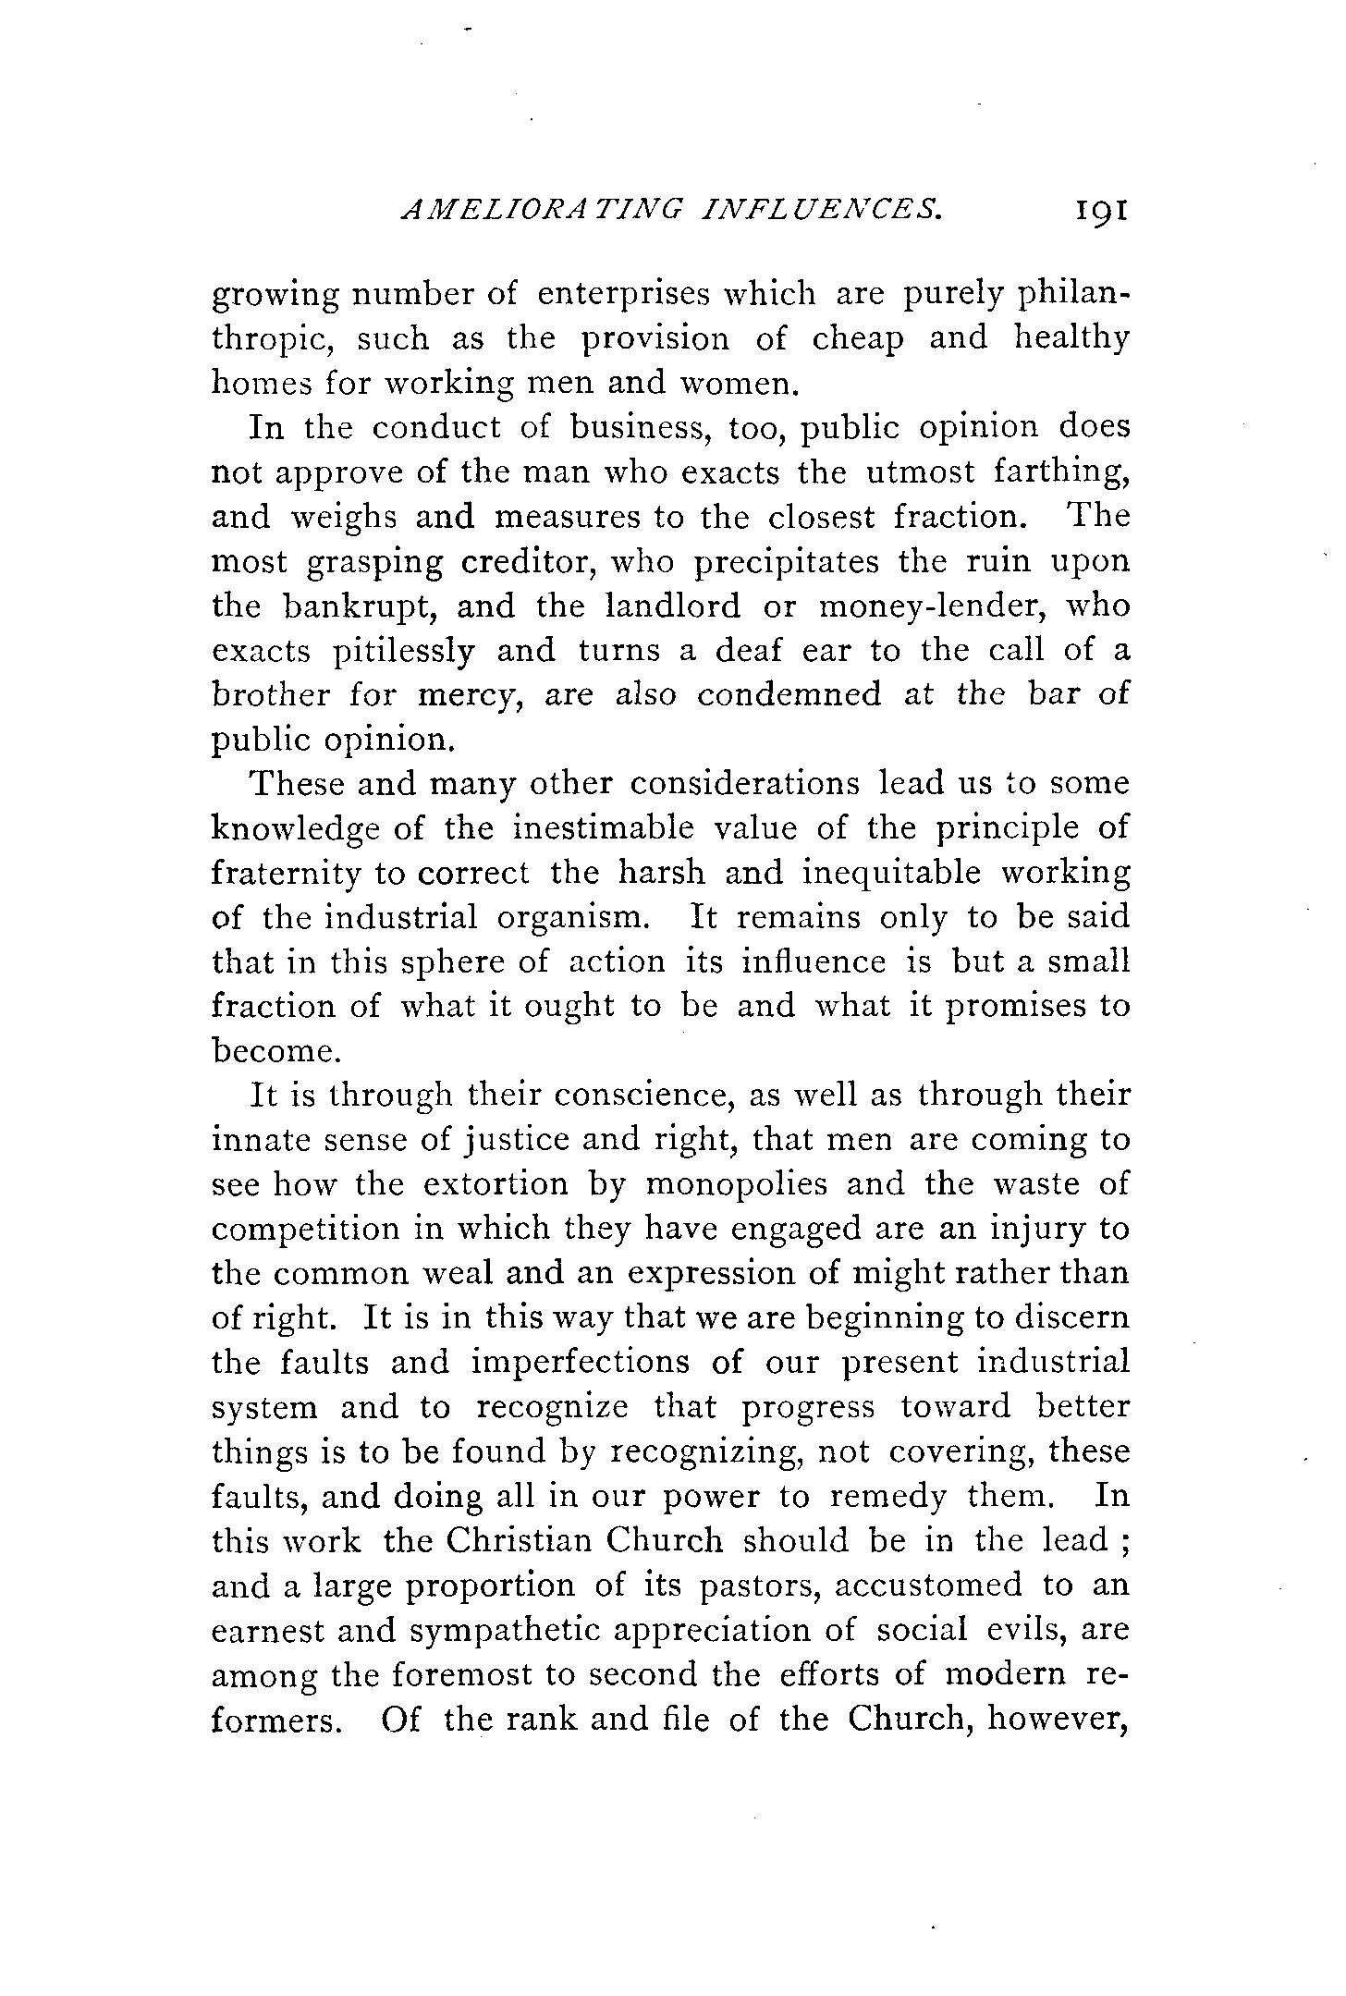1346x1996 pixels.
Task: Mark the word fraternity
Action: tap(285, 874)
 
